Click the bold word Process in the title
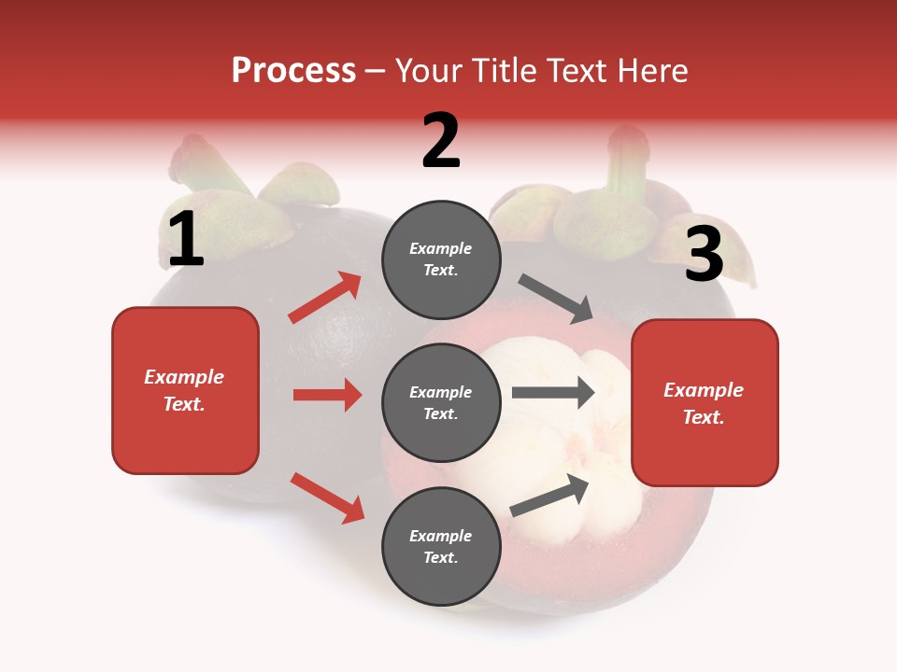(x=293, y=70)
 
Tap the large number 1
(x=186, y=240)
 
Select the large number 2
(x=441, y=141)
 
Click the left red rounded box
(x=185, y=390)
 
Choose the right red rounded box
(x=705, y=402)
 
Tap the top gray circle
(x=441, y=259)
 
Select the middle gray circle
(x=441, y=402)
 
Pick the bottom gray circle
(x=441, y=546)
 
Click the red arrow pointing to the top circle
(x=325, y=298)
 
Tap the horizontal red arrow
(x=327, y=395)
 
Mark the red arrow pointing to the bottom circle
(x=327, y=497)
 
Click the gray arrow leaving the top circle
(x=556, y=299)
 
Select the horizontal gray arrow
(x=553, y=393)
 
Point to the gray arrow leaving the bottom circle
(x=550, y=495)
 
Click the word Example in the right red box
(x=704, y=390)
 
